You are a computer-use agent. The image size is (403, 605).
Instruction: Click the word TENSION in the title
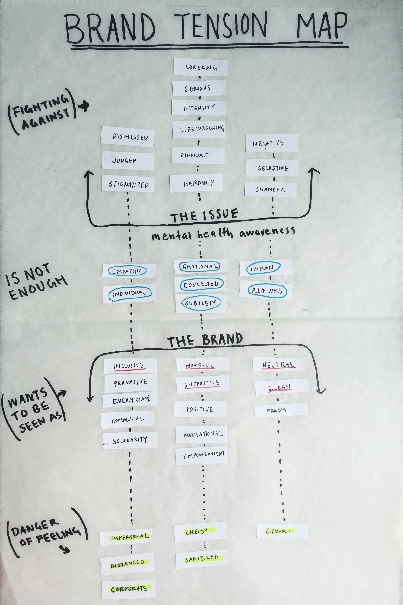(x=223, y=26)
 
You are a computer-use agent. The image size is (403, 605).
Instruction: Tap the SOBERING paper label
(x=201, y=67)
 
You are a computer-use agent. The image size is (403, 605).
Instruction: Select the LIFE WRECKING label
(x=201, y=129)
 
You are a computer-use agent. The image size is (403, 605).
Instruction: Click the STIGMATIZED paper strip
(x=128, y=184)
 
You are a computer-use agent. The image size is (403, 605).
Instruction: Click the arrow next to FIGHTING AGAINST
(x=83, y=106)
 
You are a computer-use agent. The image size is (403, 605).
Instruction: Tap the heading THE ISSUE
(x=204, y=216)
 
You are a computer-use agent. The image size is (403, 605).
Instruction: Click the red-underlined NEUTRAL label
(x=278, y=365)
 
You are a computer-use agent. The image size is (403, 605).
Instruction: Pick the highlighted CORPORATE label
(x=129, y=589)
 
